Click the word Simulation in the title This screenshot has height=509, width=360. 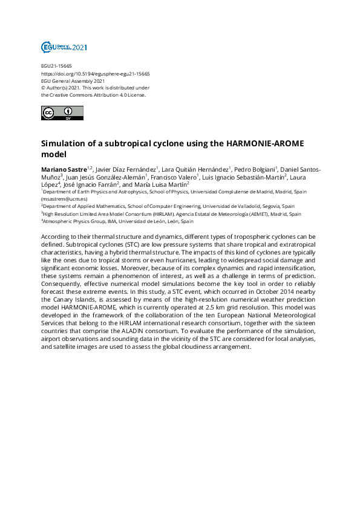(66, 144)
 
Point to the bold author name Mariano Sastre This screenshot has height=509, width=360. (64, 169)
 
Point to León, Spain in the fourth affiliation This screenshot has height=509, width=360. (177, 221)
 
